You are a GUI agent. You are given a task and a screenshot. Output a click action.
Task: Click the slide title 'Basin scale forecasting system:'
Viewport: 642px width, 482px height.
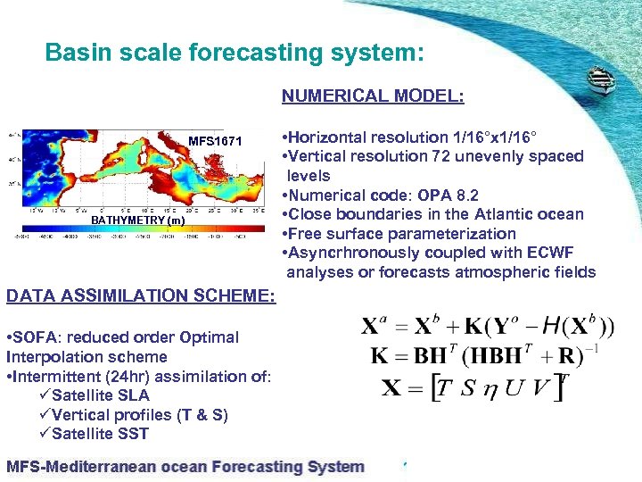(x=234, y=53)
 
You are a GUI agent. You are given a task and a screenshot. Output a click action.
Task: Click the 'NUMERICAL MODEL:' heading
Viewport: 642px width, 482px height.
(x=373, y=96)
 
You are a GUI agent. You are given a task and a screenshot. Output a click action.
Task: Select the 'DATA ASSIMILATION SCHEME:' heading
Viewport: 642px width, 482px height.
(x=141, y=295)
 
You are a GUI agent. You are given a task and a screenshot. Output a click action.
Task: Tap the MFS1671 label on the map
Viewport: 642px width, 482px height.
(x=215, y=141)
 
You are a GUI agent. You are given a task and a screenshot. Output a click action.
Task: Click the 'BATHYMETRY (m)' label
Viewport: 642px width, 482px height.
(x=139, y=220)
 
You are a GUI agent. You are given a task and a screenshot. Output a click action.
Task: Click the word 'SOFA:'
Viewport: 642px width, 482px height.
(x=35, y=337)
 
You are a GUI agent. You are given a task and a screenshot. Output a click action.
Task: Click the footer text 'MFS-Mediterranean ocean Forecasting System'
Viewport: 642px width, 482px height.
(x=185, y=466)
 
